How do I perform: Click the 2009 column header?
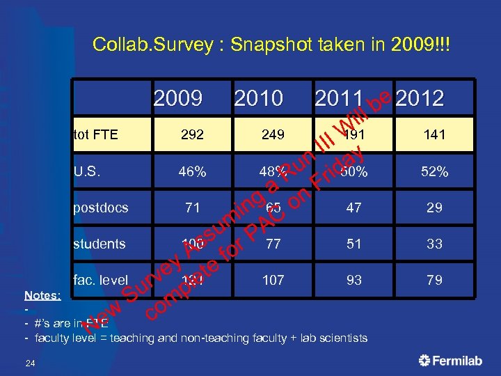(177, 98)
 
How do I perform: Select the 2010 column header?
(259, 98)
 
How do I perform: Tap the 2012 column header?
(420, 98)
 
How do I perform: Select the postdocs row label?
(101, 207)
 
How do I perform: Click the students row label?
(100, 244)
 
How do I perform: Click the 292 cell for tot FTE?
(193, 134)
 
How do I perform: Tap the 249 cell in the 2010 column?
(273, 134)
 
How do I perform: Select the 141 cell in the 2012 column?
(434, 134)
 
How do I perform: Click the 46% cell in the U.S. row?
(193, 171)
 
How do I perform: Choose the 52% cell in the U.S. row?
(434, 171)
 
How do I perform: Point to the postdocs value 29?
(434, 207)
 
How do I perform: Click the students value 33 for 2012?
(434, 244)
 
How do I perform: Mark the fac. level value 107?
(273, 280)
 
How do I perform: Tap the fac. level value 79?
(434, 280)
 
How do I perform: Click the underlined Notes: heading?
(42, 295)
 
